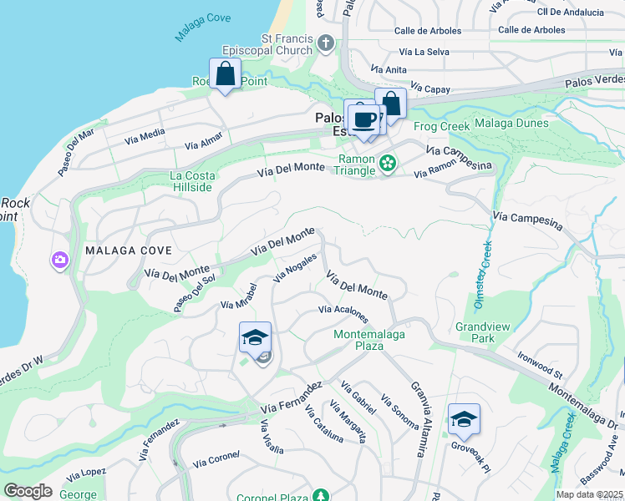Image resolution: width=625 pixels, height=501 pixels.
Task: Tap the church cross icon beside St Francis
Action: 327,43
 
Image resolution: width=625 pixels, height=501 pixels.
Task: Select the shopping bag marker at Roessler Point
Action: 226,73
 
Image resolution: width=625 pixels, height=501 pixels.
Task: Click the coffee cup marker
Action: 363,119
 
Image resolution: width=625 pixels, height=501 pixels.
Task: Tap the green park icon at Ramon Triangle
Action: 387,164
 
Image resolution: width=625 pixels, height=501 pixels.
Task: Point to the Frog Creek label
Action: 441,126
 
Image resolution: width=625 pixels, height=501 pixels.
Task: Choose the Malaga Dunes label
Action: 511,124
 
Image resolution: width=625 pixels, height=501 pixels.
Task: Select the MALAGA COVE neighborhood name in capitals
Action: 128,250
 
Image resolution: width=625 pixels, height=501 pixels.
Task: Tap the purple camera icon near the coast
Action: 59,261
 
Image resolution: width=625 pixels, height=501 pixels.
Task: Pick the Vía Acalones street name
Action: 343,314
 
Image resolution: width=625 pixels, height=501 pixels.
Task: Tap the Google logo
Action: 28,491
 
